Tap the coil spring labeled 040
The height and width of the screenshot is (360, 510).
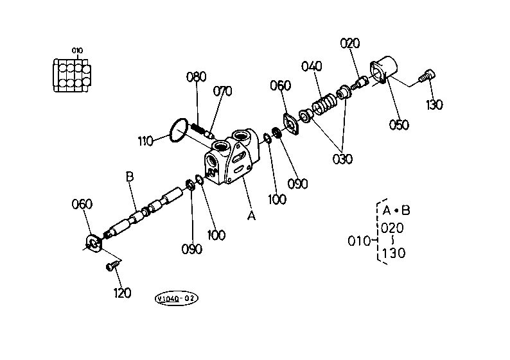coord(324,105)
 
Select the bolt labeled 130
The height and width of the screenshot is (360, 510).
coord(426,76)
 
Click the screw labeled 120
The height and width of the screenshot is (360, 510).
coord(112,265)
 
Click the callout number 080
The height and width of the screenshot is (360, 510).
coord(196,77)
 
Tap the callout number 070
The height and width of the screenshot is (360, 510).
coord(222,91)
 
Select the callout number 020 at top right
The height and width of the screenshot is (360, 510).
coord(350,43)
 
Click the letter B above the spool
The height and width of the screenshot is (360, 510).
coord(130,176)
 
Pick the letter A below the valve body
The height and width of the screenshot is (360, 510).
coord(251,215)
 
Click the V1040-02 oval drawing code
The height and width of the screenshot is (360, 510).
coord(176,298)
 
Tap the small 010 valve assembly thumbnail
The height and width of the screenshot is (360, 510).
coord(72,75)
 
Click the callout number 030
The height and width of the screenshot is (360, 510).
coord(342,159)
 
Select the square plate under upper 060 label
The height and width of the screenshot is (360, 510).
coord(291,123)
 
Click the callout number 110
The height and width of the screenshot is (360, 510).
coord(145,141)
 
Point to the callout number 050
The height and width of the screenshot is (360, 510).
coord(399,124)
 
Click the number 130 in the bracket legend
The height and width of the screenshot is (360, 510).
coord(394,253)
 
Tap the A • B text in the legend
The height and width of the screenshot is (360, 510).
coord(396,210)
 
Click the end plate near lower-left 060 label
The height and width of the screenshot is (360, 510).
coord(94,244)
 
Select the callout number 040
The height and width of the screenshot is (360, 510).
coord(312,66)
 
